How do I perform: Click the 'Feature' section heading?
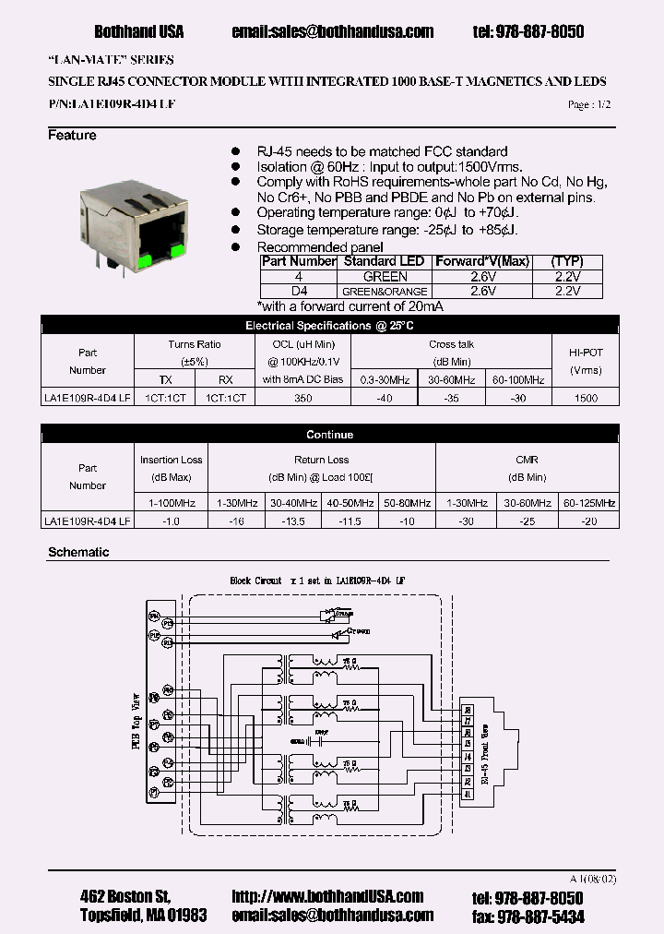72,136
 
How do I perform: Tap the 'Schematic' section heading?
78,552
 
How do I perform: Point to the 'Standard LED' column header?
383,261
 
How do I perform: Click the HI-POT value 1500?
586,398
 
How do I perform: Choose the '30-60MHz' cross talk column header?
452,379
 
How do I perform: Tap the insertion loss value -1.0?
171,521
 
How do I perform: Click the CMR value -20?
588,521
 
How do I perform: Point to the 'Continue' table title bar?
330,434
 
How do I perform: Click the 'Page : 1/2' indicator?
589,105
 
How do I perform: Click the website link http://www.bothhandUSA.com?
327,897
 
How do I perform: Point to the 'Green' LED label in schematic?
359,631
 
